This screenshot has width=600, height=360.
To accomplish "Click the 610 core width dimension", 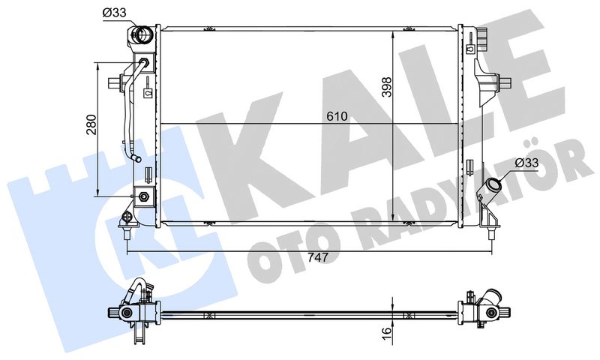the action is [x=337, y=116].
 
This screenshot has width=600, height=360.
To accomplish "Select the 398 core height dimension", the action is [x=387, y=87].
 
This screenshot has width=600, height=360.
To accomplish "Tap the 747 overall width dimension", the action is [x=318, y=257].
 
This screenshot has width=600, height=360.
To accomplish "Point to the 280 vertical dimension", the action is [x=91, y=124].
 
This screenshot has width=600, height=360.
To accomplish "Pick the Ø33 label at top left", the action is [x=114, y=13].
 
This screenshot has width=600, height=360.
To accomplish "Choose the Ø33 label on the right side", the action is [x=526, y=163].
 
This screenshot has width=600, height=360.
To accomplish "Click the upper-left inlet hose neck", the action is [x=142, y=34].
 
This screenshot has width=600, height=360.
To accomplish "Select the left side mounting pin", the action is [x=115, y=82].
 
